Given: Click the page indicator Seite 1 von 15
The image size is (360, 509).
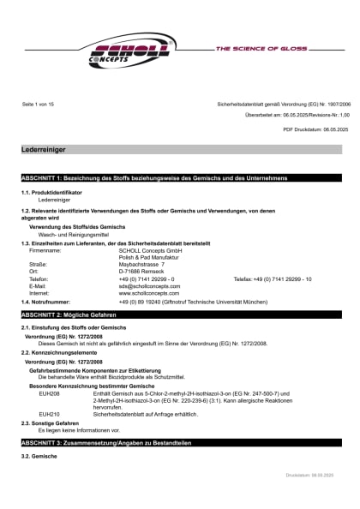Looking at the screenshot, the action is pos(38,104).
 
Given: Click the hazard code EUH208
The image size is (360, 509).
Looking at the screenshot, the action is pos(49,393).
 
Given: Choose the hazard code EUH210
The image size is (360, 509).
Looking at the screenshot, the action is pos(49,413).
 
